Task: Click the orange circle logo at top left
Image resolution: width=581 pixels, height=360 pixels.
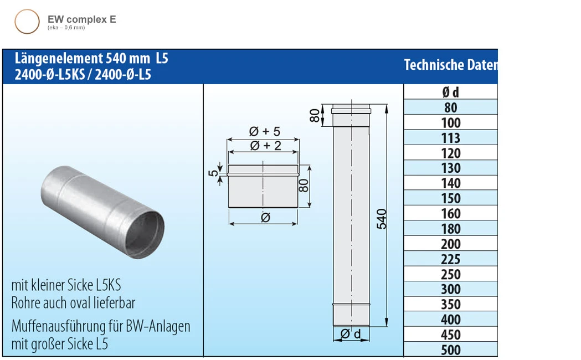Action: (x=27, y=22)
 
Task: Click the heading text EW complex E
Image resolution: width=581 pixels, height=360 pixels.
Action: (x=82, y=19)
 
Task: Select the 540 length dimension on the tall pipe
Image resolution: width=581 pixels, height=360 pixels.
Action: (x=382, y=219)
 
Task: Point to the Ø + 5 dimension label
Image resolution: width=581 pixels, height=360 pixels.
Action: (x=265, y=132)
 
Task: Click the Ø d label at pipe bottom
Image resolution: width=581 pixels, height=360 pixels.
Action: (x=351, y=334)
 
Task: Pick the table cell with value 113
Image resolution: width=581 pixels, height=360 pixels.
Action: (x=451, y=138)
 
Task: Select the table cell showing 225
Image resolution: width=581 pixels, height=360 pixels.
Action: (x=451, y=259)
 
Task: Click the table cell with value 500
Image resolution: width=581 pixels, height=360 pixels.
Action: (x=451, y=350)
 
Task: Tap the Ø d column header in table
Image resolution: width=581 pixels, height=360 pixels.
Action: (x=451, y=92)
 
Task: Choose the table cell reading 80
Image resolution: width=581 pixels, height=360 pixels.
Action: (x=451, y=107)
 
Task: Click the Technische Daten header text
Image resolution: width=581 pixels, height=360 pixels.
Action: (x=450, y=65)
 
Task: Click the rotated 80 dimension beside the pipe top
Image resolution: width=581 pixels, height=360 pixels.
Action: (x=315, y=116)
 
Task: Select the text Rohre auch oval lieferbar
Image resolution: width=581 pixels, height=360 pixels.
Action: (x=73, y=303)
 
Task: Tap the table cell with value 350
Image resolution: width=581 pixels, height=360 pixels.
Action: (x=451, y=305)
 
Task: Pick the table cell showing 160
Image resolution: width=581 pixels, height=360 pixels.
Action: (x=451, y=214)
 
